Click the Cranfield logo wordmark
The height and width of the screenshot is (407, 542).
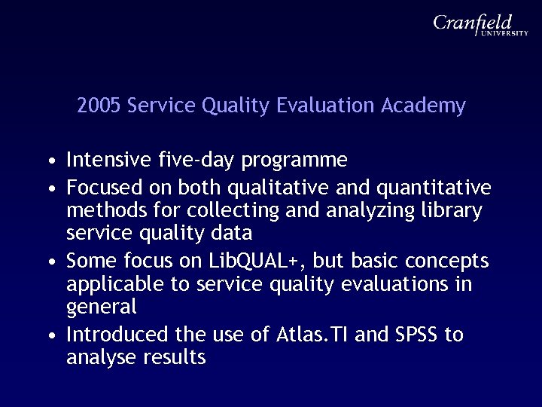[473, 23]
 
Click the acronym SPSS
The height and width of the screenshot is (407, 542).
[414, 335]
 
